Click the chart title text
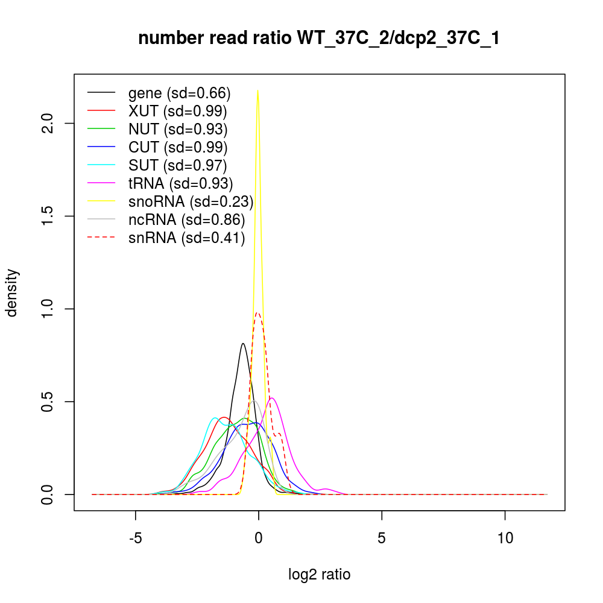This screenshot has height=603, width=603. [319, 39]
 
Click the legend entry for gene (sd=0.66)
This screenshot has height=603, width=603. [180, 93]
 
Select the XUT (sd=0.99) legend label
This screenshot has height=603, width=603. [178, 111]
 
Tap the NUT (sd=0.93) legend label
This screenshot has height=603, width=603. [178, 129]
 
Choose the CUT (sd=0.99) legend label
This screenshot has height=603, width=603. [178, 147]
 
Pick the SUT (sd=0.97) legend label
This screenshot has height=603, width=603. [178, 165]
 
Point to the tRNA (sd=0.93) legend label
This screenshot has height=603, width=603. [181, 183]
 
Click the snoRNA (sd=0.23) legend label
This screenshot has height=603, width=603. [191, 201]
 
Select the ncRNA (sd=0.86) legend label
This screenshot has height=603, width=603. [187, 219]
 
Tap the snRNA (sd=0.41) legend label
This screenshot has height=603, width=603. [187, 238]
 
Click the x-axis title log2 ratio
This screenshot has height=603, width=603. [320, 575]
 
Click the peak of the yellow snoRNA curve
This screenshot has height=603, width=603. [258, 90]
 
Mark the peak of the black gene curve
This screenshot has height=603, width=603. [243, 344]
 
